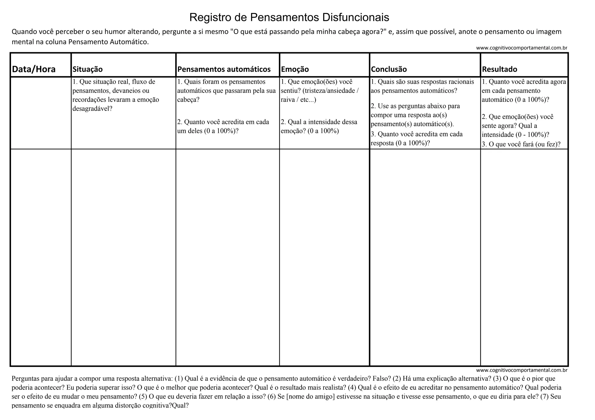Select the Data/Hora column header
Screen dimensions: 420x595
pyautogui.click(x=34, y=69)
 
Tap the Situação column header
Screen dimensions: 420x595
pyautogui.click(x=87, y=69)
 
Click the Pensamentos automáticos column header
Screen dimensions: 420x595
pyautogui.click(x=224, y=69)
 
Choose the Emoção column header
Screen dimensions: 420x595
pyautogui.click(x=295, y=69)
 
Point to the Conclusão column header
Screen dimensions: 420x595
pyautogui.click(x=389, y=69)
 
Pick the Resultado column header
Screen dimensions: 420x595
pyautogui.click(x=499, y=69)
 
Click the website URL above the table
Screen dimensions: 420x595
pyautogui.click(x=521, y=48)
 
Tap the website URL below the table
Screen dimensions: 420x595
pyautogui.click(x=521, y=370)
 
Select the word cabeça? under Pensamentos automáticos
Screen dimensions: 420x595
pyautogui.click(x=188, y=100)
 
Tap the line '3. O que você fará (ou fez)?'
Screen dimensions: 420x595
pyautogui.click(x=521, y=144)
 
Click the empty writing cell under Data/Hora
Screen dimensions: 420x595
pyautogui.click(x=41, y=257)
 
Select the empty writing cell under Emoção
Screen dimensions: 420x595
pyautogui.click(x=324, y=257)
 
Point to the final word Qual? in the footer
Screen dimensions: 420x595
pyautogui.click(x=180, y=405)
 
